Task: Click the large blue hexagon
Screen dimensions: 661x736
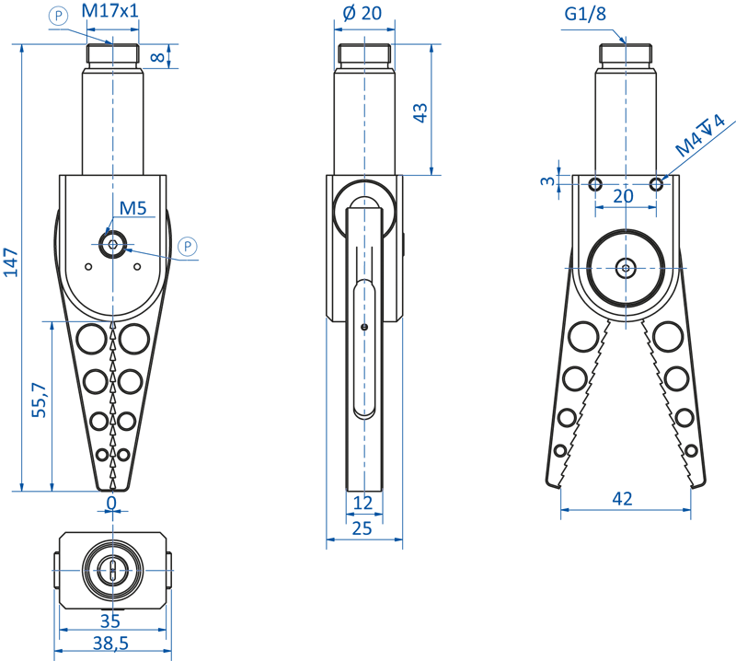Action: tap(218, 254)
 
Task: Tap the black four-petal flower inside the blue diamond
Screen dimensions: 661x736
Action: tap(626, 268)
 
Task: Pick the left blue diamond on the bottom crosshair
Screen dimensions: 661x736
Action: tap(69, 571)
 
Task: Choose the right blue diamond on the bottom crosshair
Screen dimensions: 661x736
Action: tap(155, 571)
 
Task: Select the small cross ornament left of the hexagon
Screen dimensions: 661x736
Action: tap(113, 241)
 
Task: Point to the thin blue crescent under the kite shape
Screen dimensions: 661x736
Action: tap(92, 321)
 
